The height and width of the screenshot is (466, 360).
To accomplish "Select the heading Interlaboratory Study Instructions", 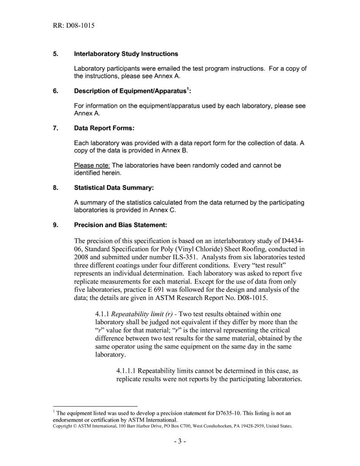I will (126, 54).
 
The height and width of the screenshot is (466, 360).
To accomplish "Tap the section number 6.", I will (55, 91).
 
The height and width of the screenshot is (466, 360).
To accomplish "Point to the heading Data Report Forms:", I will (104, 128).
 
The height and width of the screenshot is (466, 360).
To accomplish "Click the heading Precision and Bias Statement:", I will (121, 225).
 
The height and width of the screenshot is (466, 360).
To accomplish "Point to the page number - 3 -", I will (180, 441).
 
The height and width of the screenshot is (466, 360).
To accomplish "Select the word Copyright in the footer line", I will (60, 426).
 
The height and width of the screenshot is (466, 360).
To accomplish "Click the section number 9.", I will (55, 225).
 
